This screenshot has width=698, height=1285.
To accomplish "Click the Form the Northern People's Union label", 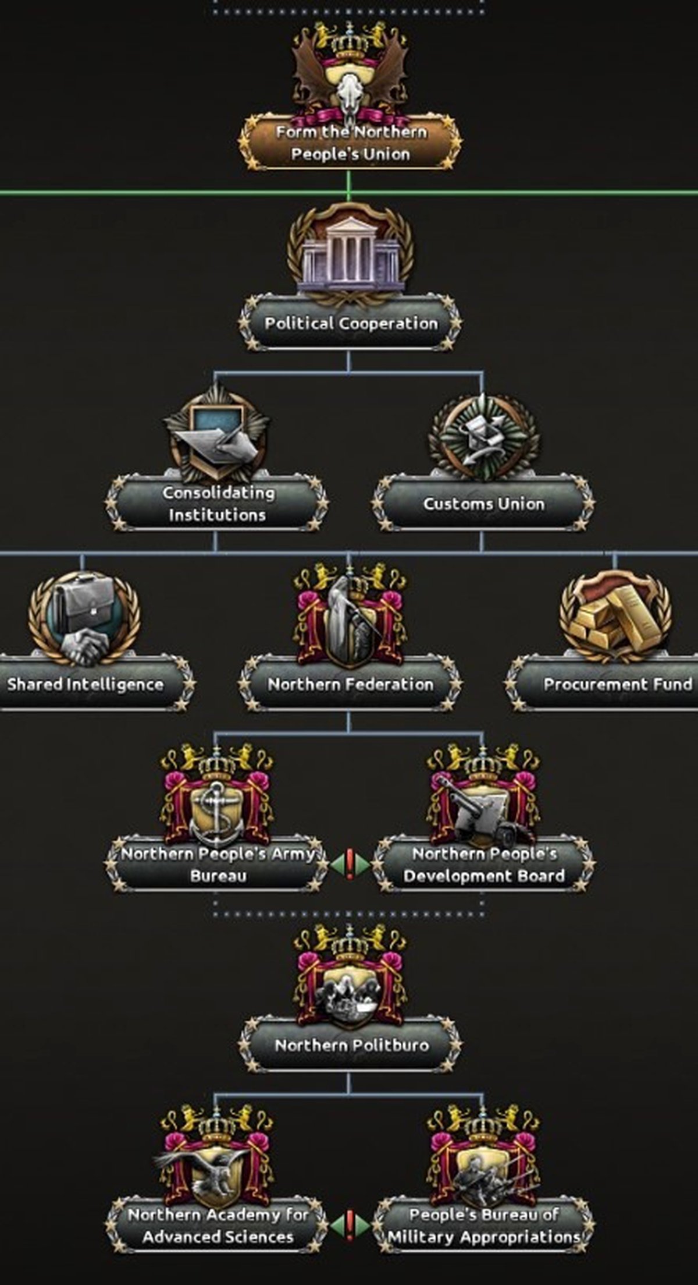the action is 351,143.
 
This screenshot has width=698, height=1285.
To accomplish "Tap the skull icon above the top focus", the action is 350,94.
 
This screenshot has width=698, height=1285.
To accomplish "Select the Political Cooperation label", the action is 351,323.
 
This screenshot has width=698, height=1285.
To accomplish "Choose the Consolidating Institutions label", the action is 218,504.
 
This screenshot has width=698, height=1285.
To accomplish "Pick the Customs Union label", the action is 484,504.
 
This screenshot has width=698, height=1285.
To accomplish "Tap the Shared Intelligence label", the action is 86,684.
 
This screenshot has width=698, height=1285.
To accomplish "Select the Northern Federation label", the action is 351,684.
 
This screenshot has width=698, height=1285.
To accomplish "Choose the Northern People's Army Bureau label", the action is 218,865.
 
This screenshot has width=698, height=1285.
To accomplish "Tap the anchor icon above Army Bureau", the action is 216,812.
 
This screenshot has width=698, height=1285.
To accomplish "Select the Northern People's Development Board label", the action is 484,865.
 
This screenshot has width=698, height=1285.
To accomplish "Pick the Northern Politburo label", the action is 351,1045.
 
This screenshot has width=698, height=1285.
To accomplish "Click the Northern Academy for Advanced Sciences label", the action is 218,1226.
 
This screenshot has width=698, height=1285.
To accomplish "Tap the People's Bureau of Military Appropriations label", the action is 484,1226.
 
